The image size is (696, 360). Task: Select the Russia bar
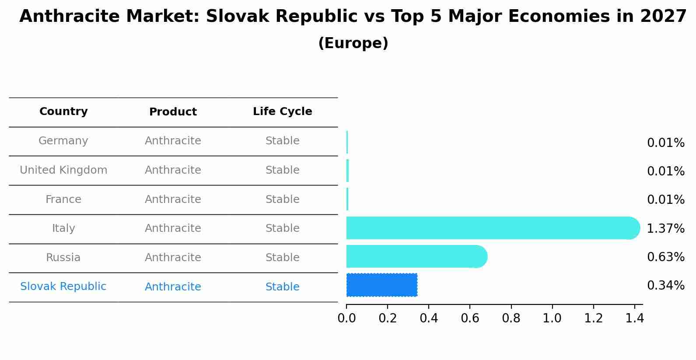416,256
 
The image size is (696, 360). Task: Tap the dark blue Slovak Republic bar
381,285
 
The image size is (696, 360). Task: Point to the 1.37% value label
665,228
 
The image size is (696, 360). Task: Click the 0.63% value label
665,257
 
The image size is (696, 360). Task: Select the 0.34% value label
665,286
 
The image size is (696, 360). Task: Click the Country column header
63,112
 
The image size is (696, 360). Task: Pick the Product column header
173,112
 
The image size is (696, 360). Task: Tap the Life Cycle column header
282,112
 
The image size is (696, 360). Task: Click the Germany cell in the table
63,141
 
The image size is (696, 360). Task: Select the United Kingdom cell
63,170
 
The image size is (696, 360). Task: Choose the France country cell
63,199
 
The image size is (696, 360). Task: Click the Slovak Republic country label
63,287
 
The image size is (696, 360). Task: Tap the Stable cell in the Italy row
282,228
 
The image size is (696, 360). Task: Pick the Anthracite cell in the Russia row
173,258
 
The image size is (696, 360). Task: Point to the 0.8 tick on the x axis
511,318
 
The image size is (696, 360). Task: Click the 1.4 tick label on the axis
634,318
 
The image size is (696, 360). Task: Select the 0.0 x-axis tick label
346,318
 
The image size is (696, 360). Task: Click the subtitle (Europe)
353,43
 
